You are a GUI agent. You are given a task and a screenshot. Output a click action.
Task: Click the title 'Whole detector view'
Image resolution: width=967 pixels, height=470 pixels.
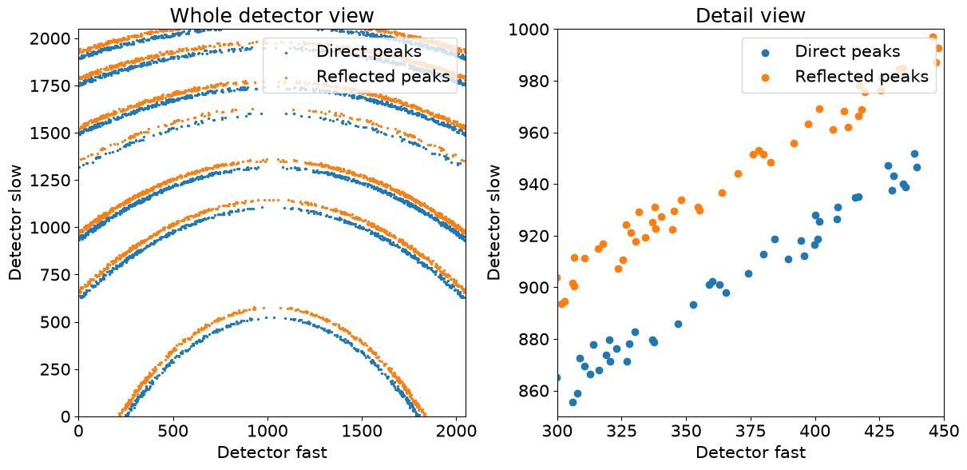point(272,15)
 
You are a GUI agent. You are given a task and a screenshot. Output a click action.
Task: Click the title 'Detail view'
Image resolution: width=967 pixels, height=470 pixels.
point(751,15)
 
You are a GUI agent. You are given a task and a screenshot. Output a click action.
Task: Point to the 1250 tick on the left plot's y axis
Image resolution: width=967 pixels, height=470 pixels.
point(50,181)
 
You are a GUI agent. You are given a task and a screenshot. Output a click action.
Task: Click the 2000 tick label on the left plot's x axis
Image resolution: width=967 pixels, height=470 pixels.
point(456,431)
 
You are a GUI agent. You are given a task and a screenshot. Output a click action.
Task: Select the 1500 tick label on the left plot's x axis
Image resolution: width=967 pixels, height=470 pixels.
point(362,431)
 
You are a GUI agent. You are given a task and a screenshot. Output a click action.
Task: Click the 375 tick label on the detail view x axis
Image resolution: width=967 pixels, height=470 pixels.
point(751,431)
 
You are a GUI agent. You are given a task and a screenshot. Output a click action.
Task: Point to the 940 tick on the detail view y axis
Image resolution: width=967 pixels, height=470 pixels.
point(534,185)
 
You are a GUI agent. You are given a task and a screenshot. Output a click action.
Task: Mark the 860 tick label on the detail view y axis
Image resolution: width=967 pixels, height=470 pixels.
point(534,391)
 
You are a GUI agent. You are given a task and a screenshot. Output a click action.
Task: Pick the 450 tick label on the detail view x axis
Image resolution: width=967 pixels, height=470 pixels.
point(944,431)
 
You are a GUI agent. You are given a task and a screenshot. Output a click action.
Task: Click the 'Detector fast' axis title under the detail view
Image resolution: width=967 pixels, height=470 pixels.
point(751,452)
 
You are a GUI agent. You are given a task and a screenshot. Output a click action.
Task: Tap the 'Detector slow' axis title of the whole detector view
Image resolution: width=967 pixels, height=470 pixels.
point(15,222)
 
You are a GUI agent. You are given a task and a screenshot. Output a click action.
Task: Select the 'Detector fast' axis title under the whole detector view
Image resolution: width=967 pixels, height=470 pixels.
point(272,452)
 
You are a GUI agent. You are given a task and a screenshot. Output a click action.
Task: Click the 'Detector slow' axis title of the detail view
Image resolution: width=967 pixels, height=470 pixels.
point(493,222)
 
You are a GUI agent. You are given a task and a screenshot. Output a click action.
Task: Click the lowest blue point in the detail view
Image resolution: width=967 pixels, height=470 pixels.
point(573,402)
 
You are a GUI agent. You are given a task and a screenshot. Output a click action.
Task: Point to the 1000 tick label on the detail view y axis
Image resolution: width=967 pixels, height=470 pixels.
point(529,30)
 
